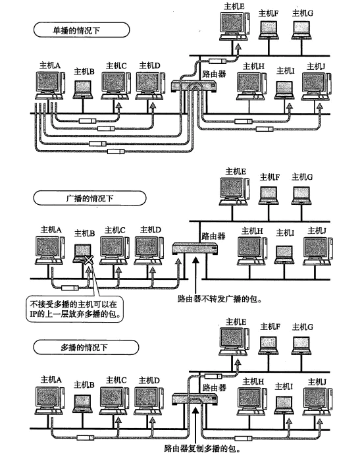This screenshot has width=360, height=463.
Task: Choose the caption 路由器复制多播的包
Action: tap(205, 450)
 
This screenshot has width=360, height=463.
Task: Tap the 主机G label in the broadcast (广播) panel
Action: tap(302, 177)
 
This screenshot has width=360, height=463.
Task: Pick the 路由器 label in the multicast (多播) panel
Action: tap(214, 387)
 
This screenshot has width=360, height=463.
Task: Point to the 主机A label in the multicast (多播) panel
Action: tap(51, 379)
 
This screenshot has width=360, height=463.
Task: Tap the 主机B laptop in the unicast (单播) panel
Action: tap(84, 88)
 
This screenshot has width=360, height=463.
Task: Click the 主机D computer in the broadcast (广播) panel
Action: tap(148, 249)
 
